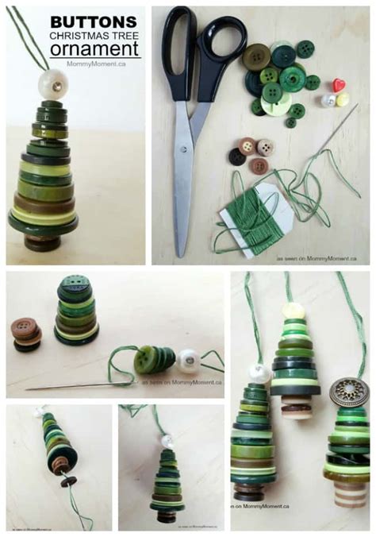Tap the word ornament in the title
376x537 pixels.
point(107,48)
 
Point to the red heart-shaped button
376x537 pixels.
point(339,84)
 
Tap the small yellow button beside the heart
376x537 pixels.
point(342,99)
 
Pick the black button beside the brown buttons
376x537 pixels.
point(237,156)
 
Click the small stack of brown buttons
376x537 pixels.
point(26,334)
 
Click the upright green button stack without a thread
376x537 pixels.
point(76,312)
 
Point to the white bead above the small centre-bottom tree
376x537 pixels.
point(167,440)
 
